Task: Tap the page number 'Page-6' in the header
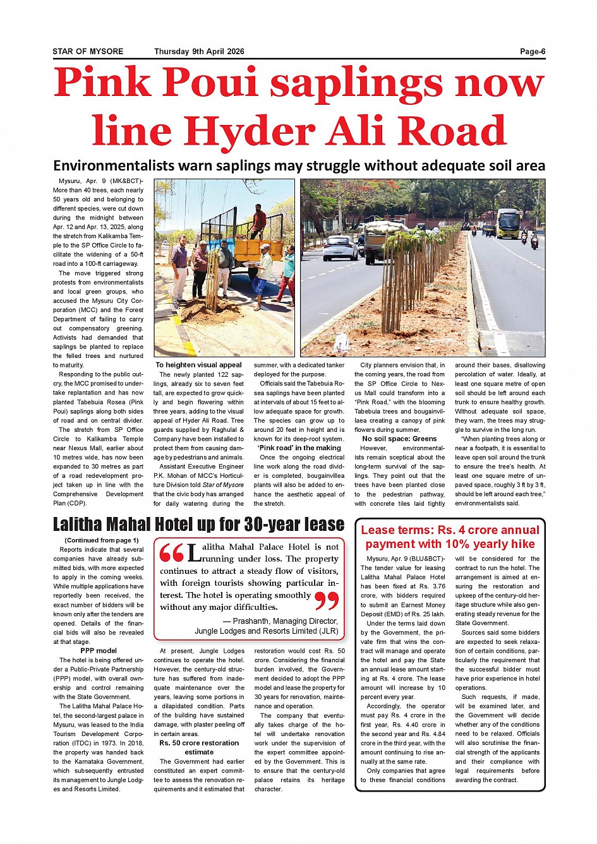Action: tap(533, 52)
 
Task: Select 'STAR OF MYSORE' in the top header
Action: tap(88, 52)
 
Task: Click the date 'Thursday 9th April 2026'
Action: tap(199, 52)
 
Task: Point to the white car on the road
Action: tap(341, 247)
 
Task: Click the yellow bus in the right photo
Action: tap(508, 223)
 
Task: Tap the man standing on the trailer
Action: tap(258, 220)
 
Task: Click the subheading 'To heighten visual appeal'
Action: tap(198, 365)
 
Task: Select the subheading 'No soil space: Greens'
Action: tap(399, 439)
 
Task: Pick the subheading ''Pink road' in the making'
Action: tap(299, 448)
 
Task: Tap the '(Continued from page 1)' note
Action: tap(101, 540)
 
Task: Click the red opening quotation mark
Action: tap(171, 554)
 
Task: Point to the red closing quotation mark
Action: tap(327, 601)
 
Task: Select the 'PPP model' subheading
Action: tap(99, 651)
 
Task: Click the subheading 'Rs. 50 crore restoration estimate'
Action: tap(199, 747)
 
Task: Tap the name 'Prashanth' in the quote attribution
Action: tap(251, 621)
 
